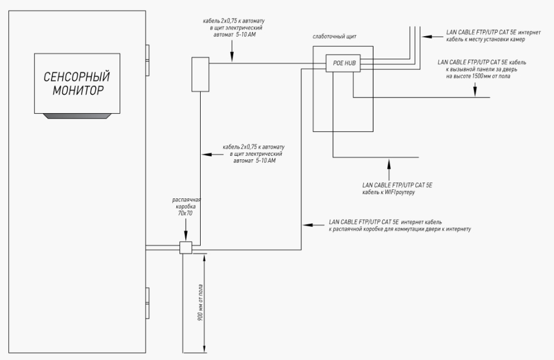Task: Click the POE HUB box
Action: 343,63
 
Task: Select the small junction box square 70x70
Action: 186,248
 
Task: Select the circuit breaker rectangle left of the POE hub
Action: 201,74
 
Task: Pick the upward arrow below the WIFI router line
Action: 388,169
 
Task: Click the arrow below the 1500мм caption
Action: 475,89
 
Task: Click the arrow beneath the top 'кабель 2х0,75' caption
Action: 231,54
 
